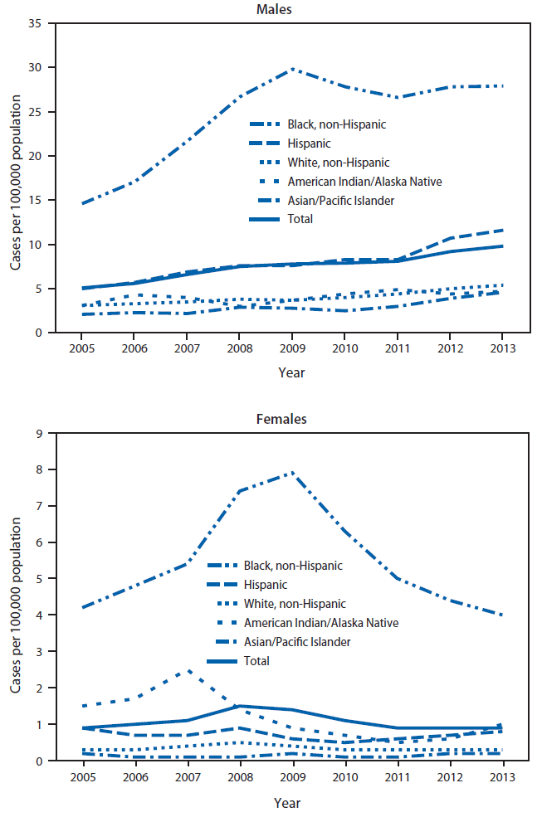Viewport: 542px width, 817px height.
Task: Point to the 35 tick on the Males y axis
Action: pos(37,22)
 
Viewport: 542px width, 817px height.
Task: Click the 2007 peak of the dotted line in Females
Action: pos(190,670)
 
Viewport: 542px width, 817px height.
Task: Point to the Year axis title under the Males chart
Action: pos(291,372)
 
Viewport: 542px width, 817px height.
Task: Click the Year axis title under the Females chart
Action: pos(287,802)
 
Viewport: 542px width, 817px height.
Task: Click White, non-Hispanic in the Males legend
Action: pos(339,163)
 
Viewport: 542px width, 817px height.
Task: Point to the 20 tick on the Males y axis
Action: pos(37,156)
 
